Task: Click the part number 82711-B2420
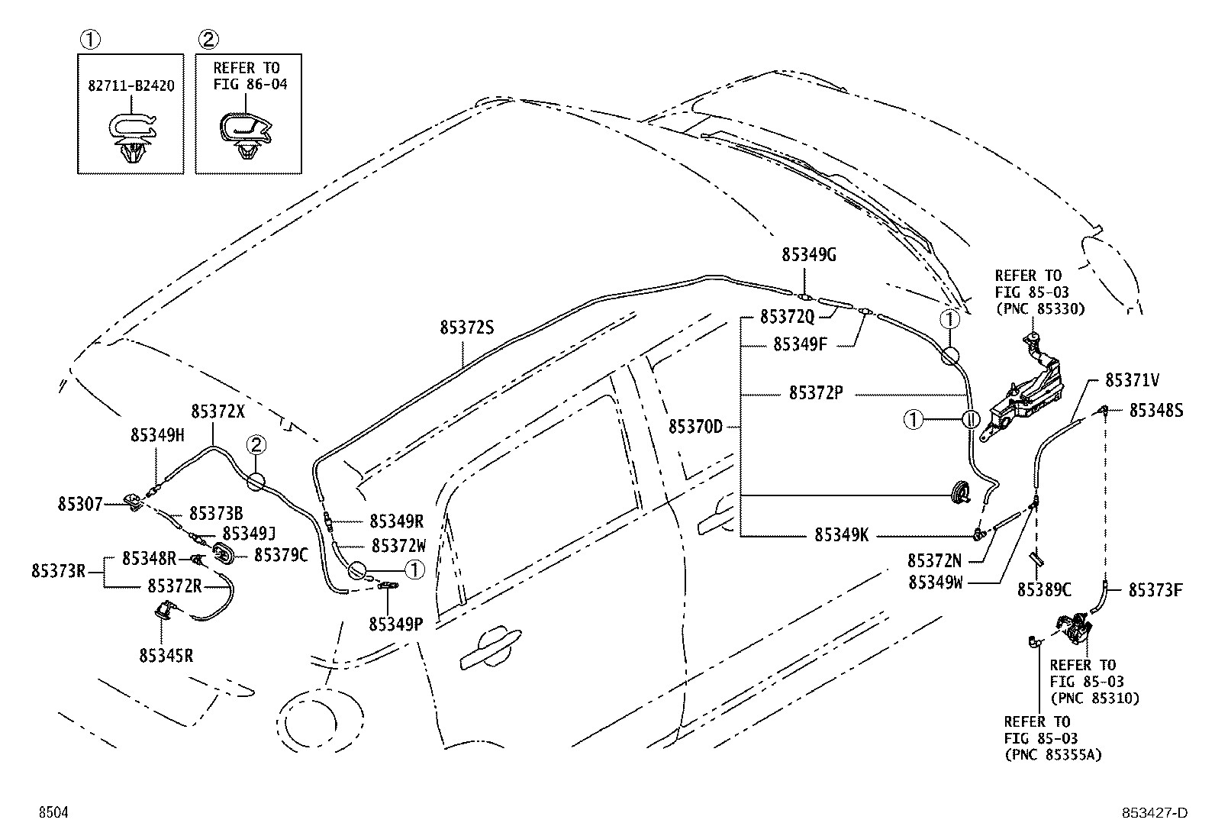pos(131,86)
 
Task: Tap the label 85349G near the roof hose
pos(809,254)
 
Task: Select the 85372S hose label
pos(466,328)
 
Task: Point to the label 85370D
pos(695,427)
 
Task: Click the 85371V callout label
pos(1132,380)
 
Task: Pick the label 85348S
pos(1156,410)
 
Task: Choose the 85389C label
pos(1044,590)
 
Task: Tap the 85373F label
pos(1155,590)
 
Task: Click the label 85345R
pos(166,656)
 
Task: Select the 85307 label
pos(80,504)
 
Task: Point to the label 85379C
pos(281,555)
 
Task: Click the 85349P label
pos(395,624)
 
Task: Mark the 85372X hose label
pos(218,411)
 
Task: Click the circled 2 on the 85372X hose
pos(256,446)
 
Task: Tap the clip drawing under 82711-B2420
pos(132,138)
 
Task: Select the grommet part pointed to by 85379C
pos(222,553)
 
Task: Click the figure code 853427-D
pos(1154,812)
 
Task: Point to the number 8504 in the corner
pos(53,812)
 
